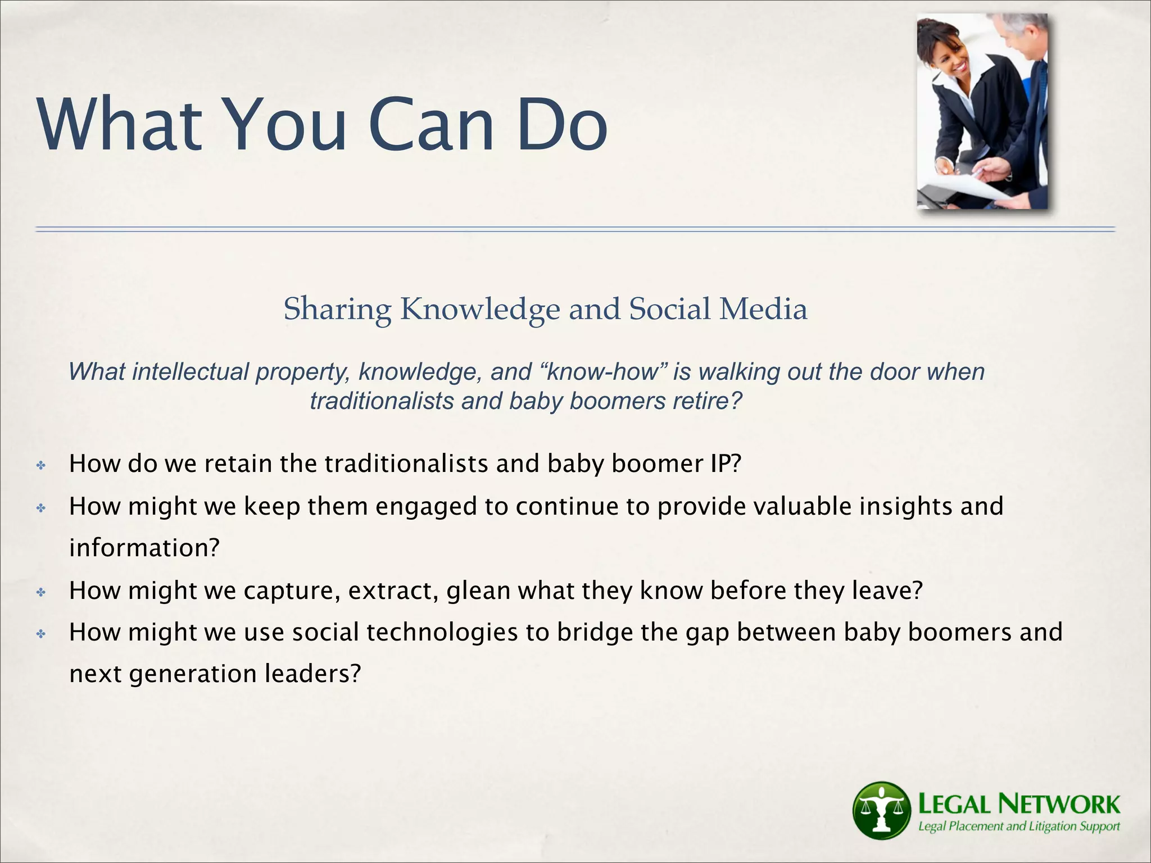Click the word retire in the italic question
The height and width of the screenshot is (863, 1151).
coord(705,401)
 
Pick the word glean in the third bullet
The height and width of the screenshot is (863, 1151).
coord(478,591)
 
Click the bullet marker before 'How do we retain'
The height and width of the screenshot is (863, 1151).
coord(40,465)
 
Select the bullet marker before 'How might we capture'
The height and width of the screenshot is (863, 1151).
coord(40,592)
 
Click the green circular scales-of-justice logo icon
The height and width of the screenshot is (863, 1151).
coord(881,810)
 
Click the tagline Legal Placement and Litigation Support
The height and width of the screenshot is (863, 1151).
coord(1018,826)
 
